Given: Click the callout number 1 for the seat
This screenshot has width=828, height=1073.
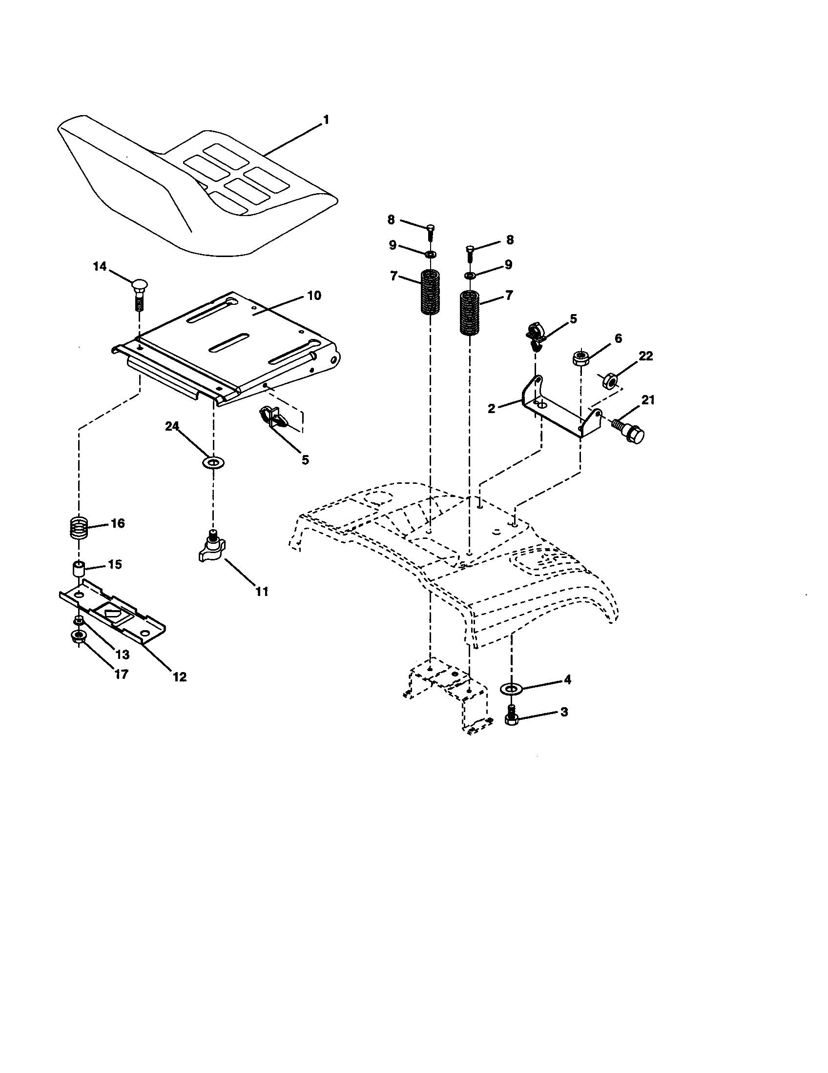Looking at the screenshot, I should point(326,120).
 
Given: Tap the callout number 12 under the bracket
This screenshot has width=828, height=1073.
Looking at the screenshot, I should point(180,676).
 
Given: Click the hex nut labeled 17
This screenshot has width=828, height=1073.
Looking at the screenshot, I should point(78,637).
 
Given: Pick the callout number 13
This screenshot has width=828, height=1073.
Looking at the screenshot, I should point(123,655).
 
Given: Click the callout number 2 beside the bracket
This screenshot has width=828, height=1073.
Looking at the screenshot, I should point(492,408).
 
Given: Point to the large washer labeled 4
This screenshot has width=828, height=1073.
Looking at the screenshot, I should point(511,688).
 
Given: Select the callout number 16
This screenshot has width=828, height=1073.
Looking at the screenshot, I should point(118,523).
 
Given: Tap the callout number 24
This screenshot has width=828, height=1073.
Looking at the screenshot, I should point(171,426).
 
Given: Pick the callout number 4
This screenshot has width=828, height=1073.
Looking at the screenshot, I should point(567,680).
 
